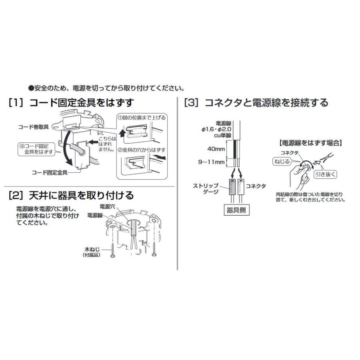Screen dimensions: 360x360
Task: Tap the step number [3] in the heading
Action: (x=192, y=103)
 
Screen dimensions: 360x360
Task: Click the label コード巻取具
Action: (x=34, y=127)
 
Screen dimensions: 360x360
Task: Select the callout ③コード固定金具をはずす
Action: (x=36, y=149)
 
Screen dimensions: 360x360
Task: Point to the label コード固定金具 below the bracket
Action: (x=50, y=173)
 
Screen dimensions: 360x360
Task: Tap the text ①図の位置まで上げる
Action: (x=142, y=118)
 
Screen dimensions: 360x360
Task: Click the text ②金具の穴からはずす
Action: (x=142, y=150)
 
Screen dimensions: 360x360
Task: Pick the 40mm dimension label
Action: (x=216, y=149)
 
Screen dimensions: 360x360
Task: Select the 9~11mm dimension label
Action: (x=211, y=162)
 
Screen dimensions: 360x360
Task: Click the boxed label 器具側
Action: (x=236, y=210)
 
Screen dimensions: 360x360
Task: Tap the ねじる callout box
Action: (x=282, y=162)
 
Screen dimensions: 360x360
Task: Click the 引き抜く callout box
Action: (x=325, y=174)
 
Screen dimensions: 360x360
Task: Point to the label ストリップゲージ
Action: (x=206, y=188)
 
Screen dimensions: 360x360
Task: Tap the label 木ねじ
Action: (x=92, y=249)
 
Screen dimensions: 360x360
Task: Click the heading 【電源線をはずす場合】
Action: (x=311, y=143)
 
